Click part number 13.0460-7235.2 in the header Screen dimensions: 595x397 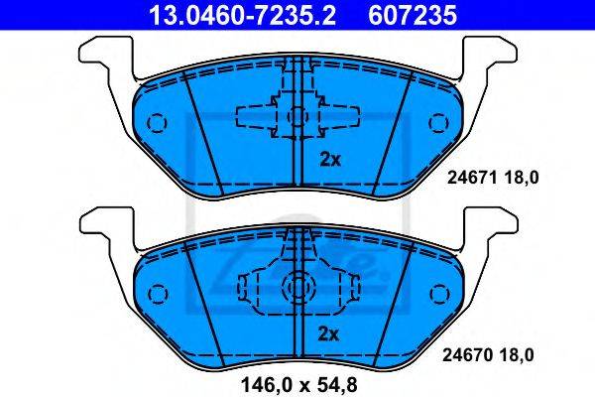point(242,15)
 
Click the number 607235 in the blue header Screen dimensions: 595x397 point(413,15)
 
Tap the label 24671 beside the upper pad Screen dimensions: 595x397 point(472,178)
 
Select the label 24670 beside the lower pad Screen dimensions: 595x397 point(467,355)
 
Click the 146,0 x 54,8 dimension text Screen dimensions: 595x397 point(299,385)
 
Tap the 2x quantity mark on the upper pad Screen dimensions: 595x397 point(330,160)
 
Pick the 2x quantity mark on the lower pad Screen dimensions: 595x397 point(328,334)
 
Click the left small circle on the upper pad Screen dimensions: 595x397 point(157,123)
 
